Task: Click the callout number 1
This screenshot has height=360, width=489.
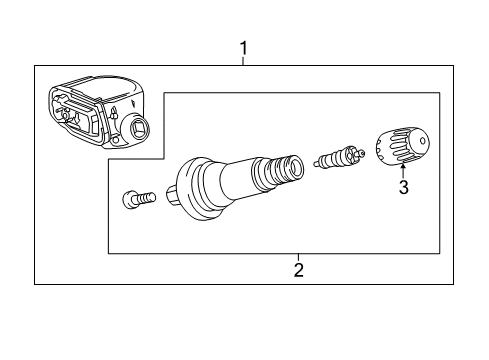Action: (x=241, y=46)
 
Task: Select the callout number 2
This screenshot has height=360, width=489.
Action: (x=297, y=268)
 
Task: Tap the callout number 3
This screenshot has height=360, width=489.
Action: (x=403, y=186)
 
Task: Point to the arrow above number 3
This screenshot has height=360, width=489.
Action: (x=403, y=170)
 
